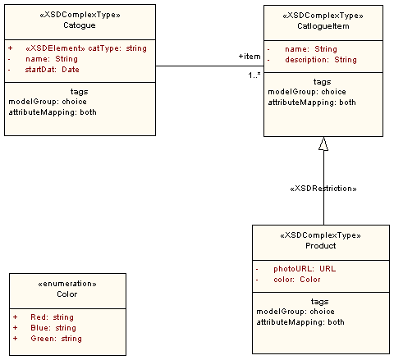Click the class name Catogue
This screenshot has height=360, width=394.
tap(80, 26)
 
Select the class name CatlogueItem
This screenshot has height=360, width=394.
tap(322, 26)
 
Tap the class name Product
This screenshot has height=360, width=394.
tap(320, 246)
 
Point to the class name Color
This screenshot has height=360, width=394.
tap(67, 294)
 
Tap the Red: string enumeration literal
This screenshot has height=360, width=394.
tap(51, 317)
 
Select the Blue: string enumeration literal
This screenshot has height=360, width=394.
tap(53, 327)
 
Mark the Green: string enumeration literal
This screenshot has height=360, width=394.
tap(56, 338)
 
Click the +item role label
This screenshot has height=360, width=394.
tap(249, 56)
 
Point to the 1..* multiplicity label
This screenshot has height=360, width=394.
tap(254, 75)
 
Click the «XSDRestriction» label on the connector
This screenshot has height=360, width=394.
tap(323, 189)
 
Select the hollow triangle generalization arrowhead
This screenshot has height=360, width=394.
tap(323, 144)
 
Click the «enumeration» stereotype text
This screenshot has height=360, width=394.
tap(67, 283)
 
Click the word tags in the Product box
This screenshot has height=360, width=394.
tap(321, 301)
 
